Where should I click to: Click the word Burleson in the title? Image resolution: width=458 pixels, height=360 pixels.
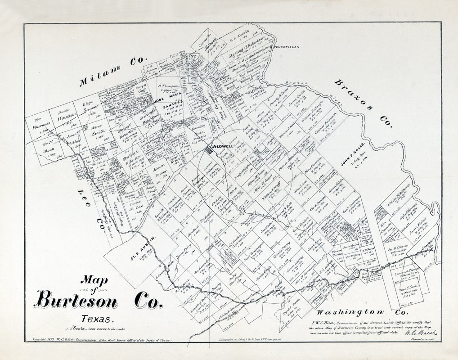(x=77, y=299)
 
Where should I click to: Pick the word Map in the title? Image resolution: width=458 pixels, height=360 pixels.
(x=94, y=280)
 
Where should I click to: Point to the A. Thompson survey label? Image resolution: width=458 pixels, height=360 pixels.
(x=168, y=85)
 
